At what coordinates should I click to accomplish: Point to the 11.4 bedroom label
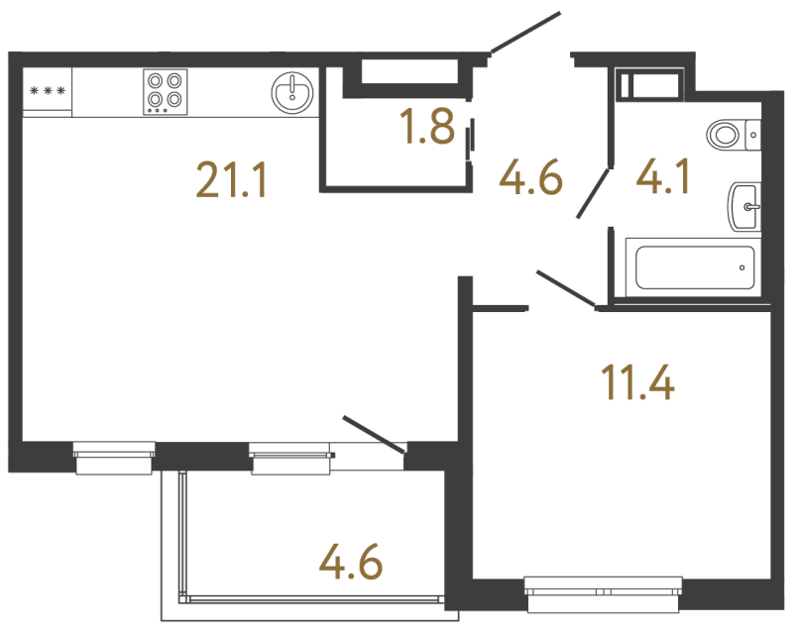click(x=638, y=381)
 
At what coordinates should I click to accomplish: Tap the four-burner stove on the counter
click(x=166, y=91)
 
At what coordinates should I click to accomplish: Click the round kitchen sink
click(x=291, y=92)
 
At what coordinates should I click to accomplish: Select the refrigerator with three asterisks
click(x=48, y=92)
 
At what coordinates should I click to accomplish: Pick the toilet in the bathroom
click(x=730, y=132)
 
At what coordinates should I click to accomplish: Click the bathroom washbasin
click(x=744, y=207)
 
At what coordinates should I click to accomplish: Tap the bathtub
click(x=693, y=266)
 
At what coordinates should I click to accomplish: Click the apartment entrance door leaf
click(x=525, y=33)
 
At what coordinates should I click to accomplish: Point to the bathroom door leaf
click(x=594, y=193)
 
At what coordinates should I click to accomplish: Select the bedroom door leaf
click(x=566, y=288)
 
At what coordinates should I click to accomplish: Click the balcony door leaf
click(x=375, y=436)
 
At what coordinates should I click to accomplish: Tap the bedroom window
click(x=605, y=595)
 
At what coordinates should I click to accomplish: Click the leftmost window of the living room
click(x=114, y=459)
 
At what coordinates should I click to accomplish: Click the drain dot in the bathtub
click(x=742, y=266)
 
